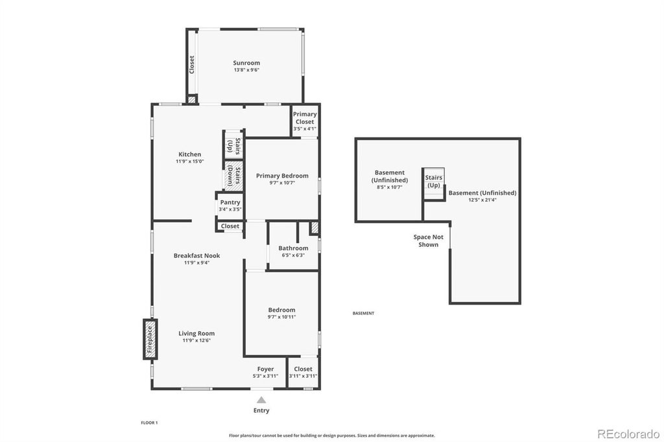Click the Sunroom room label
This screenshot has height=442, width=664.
[246, 63]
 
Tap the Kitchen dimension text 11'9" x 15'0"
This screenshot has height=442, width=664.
[190, 161]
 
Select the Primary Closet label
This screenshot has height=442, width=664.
[305, 118]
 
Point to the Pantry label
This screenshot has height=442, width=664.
[230, 202]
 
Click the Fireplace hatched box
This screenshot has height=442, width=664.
[150, 340]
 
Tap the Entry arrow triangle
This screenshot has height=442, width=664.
[261, 400]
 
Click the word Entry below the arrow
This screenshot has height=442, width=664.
[261, 410]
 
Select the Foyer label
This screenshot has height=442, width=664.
[265, 369]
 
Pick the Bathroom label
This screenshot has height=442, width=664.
[293, 248]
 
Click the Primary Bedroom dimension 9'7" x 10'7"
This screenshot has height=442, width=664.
[282, 183]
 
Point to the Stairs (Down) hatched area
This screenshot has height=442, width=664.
[233, 176]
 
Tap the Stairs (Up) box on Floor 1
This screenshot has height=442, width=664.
[233, 145]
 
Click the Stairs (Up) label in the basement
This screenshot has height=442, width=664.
[434, 181]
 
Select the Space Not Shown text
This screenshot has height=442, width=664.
[428, 241]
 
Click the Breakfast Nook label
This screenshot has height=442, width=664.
[197, 255]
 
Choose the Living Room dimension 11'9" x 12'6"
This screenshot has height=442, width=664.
[196, 340]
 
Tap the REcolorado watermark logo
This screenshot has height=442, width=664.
[628, 434]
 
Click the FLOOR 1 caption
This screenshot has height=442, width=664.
[149, 423]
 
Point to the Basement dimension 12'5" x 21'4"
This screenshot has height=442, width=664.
[482, 200]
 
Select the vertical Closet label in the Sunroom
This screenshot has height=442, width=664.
[192, 65]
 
